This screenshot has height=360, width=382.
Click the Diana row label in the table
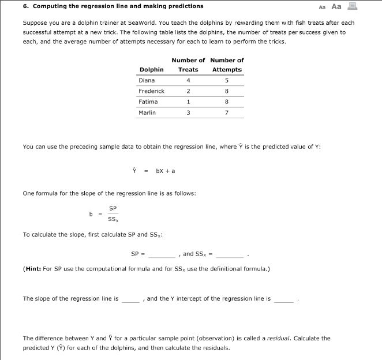click(147, 80)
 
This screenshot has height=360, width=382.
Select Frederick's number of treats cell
click(188, 91)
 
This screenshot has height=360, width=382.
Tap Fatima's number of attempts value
click(227, 102)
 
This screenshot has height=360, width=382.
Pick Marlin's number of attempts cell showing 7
click(227, 112)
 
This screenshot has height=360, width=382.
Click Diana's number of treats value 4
click(188, 80)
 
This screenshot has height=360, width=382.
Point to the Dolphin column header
click(151, 69)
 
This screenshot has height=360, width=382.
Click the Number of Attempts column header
click(227, 65)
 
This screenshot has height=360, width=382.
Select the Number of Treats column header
click(188, 65)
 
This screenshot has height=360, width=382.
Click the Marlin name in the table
click(148, 112)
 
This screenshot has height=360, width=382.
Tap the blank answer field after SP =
click(163, 254)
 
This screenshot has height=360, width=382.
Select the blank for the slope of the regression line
click(130, 299)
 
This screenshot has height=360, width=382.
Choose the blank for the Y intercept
click(283, 299)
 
